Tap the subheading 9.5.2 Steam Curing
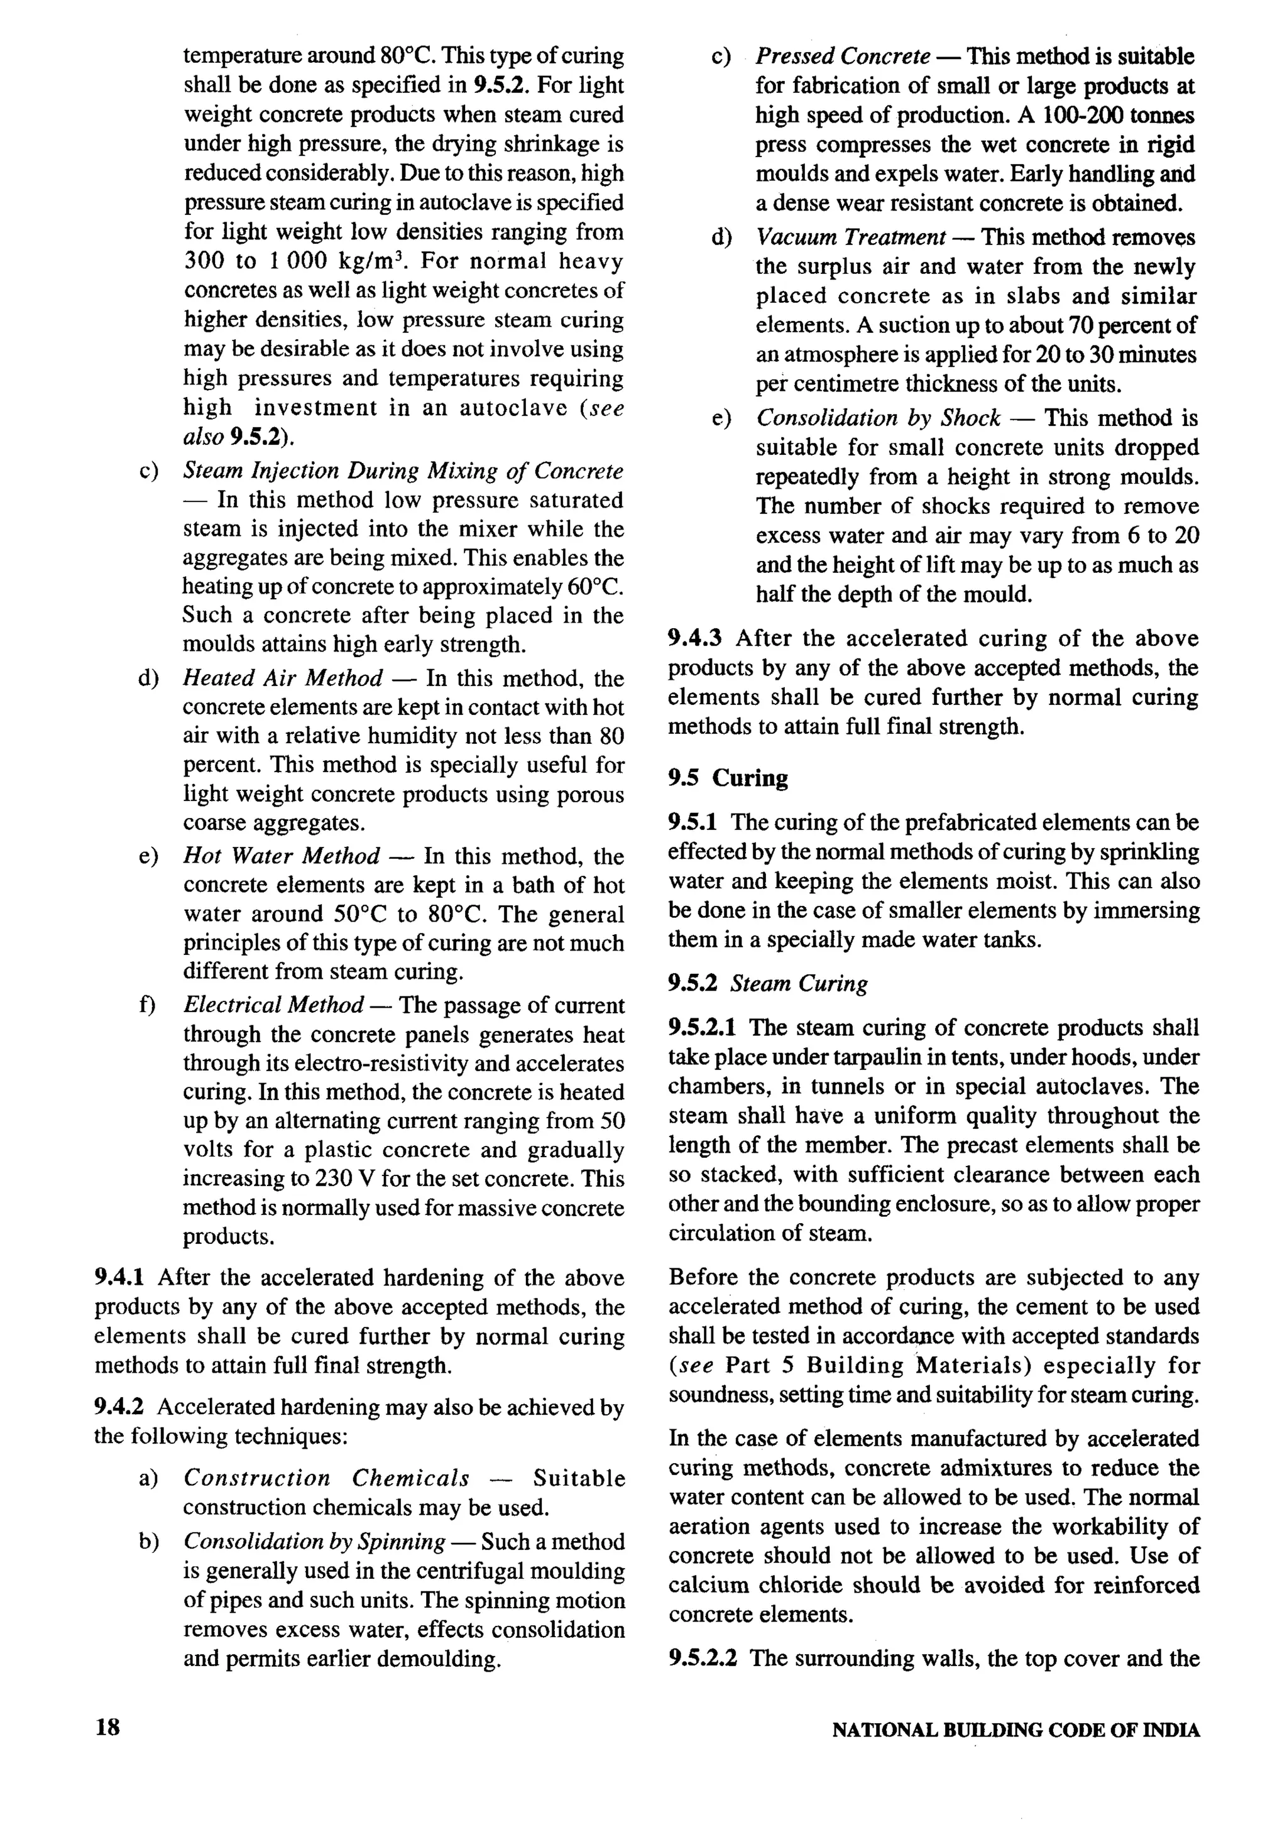pyautogui.click(x=767, y=983)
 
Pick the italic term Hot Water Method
pyautogui.click(x=282, y=856)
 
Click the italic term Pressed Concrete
pyautogui.click(x=843, y=57)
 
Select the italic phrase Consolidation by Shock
pyautogui.click(x=878, y=418)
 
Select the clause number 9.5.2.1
pyautogui.click(x=703, y=1028)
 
